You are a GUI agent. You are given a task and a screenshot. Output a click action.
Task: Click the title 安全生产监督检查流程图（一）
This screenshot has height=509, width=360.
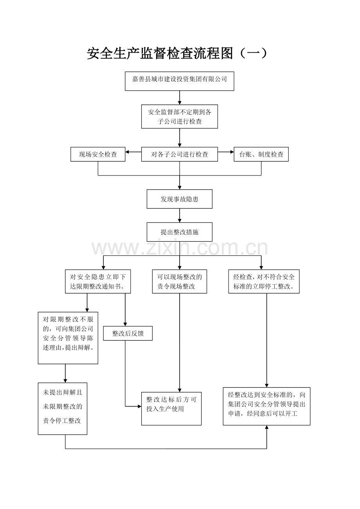[177, 54]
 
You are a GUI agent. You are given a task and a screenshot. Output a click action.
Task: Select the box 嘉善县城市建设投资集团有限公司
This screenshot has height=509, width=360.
[180, 81]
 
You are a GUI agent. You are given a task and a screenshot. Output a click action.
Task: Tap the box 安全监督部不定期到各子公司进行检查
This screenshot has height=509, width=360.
[180, 116]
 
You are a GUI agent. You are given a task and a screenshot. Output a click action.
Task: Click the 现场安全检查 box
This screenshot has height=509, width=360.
[98, 154]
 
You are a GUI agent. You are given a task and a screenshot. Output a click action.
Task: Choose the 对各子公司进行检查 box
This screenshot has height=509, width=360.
[180, 154]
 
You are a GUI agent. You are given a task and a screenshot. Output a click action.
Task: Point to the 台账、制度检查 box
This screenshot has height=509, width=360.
[261, 154]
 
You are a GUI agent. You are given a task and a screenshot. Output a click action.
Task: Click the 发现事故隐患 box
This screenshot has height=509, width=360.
[180, 199]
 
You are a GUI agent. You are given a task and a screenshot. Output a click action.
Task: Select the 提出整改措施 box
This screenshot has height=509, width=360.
[180, 232]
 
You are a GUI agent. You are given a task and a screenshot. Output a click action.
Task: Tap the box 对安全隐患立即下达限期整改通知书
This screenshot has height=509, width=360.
[98, 281]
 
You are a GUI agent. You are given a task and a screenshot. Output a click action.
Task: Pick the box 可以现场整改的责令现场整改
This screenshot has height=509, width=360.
[180, 281]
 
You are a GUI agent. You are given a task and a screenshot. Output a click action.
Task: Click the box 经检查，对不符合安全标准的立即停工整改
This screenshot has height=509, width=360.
[264, 281]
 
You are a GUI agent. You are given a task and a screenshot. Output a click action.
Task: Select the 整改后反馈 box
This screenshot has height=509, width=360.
[128, 333]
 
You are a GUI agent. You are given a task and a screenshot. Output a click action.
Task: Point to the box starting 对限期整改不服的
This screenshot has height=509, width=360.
[68, 338]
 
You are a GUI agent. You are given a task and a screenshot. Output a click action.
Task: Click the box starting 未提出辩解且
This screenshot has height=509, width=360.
[63, 409]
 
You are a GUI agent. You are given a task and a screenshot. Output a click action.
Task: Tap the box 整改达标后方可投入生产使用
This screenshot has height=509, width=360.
[171, 409]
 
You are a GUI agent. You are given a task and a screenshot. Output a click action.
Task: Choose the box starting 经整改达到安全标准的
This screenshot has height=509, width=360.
[266, 406]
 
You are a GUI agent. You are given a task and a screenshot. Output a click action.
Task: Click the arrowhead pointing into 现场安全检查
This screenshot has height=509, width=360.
[127, 152]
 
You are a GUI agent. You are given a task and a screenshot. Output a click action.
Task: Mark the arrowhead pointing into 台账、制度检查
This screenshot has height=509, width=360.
[232, 152]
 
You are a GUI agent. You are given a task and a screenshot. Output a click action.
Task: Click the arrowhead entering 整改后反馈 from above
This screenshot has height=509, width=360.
[125, 324]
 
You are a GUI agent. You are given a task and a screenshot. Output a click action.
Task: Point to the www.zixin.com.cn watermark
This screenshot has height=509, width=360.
[180, 248]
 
